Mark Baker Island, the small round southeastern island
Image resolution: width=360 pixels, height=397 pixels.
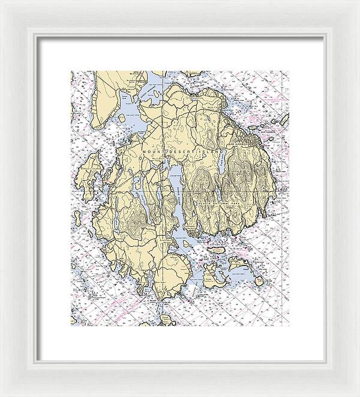click(x=258, y=279)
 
